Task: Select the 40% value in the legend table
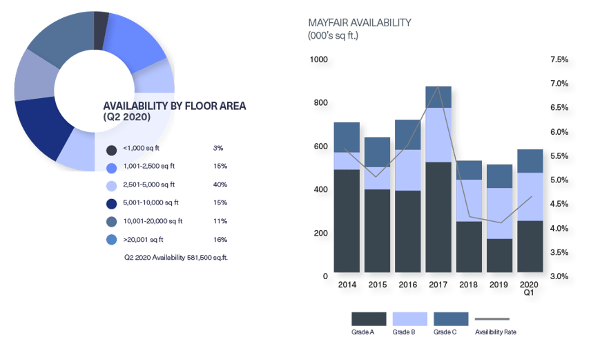point(220,184)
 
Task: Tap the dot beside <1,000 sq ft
point(111,149)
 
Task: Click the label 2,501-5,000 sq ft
point(148,184)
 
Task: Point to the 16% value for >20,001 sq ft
point(220,240)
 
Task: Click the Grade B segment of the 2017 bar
point(438,135)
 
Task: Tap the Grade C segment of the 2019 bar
point(500,176)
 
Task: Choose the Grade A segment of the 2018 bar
point(469,247)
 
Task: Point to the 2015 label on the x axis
point(377,284)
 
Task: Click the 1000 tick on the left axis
point(319,60)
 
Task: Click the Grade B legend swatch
point(409,318)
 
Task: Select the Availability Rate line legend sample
point(492,319)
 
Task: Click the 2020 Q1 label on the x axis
point(529,288)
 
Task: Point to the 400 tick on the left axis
point(321,189)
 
